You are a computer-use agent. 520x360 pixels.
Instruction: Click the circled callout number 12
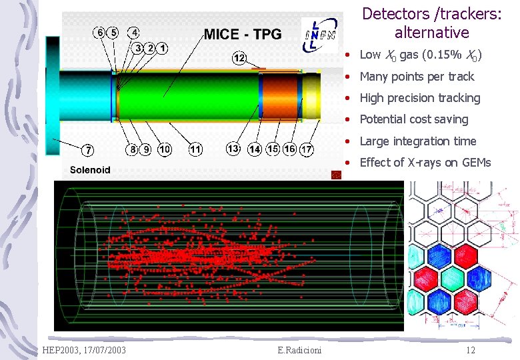(239, 58)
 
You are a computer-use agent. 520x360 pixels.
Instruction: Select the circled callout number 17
(307, 149)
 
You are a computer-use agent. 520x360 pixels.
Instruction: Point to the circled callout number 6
(100, 32)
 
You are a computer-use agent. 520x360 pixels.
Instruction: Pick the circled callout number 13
(233, 148)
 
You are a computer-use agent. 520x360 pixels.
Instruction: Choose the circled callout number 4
(135, 32)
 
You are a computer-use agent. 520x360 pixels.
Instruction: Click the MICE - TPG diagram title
(243, 34)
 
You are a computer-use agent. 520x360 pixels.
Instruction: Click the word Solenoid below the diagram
(90, 170)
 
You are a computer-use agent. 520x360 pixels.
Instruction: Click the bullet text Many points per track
(417, 77)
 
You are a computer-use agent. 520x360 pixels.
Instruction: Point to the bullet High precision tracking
(419, 98)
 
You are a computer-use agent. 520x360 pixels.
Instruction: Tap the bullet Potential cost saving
(413, 119)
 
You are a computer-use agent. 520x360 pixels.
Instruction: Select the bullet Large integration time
(417, 141)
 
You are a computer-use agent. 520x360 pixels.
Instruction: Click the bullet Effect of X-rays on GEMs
(425, 163)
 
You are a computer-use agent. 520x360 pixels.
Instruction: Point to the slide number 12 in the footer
(471, 351)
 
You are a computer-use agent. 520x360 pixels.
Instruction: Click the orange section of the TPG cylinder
(280, 97)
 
